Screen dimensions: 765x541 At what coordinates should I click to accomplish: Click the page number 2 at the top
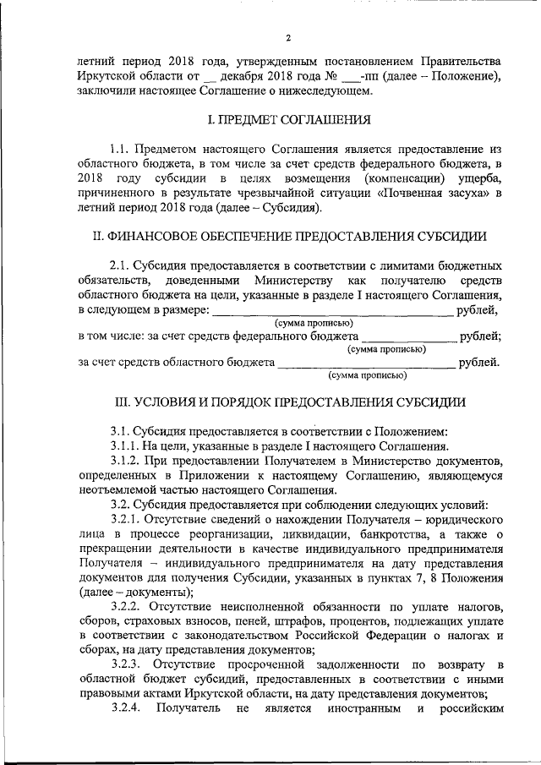288,38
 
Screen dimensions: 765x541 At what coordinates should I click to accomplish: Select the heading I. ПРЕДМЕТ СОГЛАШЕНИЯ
287,120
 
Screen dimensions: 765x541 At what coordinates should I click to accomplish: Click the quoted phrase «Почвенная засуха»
432,194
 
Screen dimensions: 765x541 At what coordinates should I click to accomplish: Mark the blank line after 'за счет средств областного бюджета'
366,364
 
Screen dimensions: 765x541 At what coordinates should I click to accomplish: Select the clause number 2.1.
122,265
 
